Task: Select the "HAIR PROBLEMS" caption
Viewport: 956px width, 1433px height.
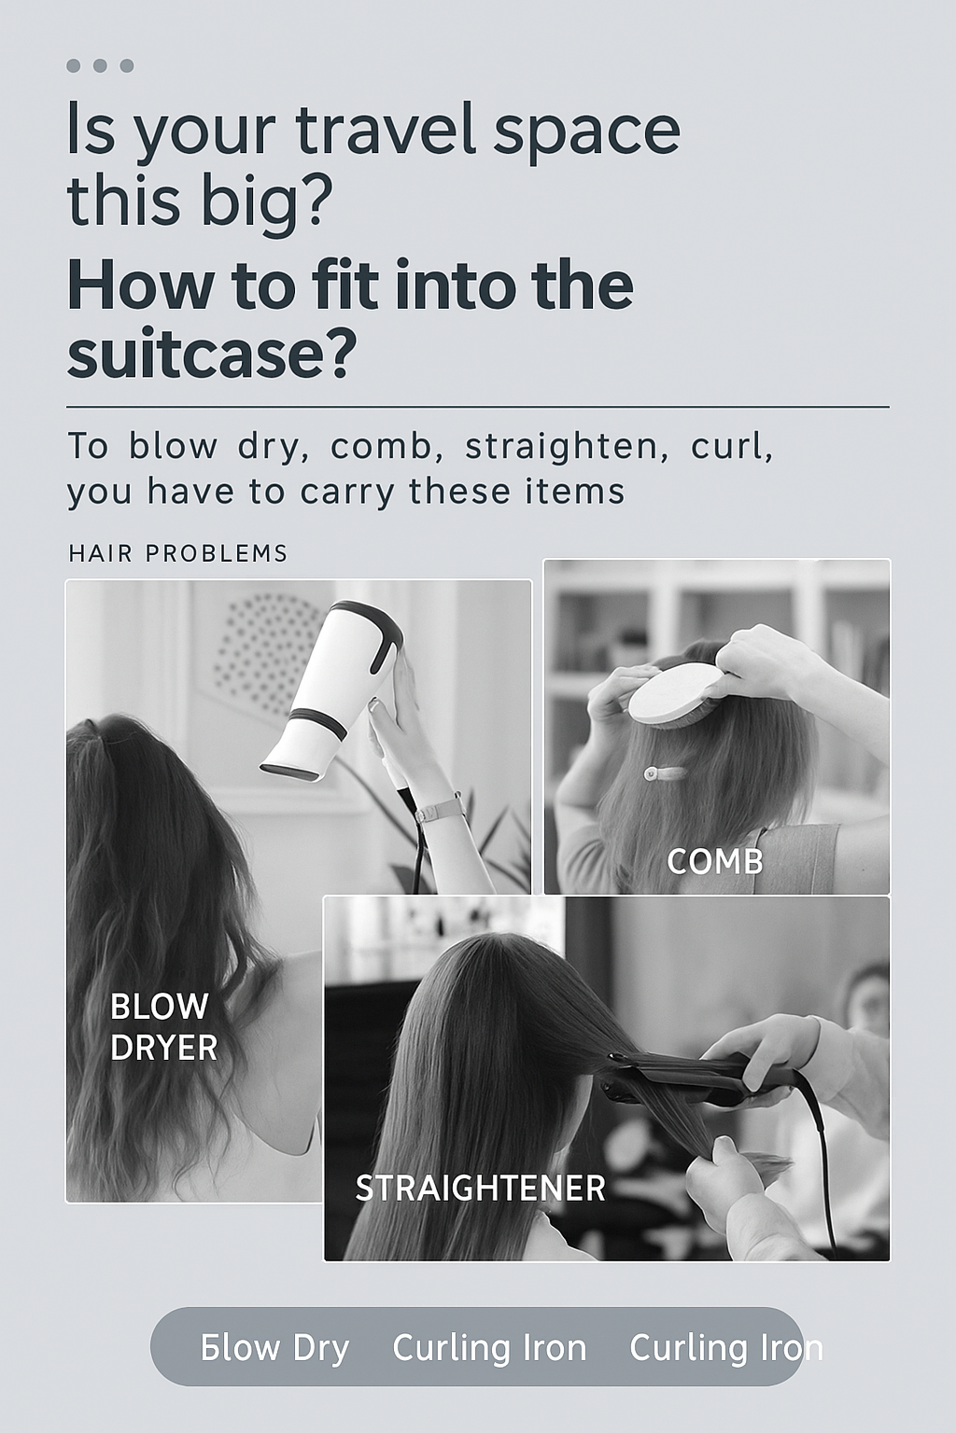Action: coord(178,553)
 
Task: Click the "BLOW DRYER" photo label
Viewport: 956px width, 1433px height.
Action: coord(164,1027)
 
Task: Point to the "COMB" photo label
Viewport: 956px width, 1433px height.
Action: coord(715,862)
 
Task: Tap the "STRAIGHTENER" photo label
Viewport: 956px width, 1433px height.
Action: coord(480,1189)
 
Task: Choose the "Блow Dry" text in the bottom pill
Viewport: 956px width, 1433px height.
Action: coord(274,1348)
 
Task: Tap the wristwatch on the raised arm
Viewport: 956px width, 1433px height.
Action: coord(438,808)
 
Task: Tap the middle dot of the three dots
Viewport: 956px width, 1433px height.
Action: coord(100,65)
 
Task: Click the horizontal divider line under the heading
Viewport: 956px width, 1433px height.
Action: coord(478,406)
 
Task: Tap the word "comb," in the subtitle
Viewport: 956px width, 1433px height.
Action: coord(384,447)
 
